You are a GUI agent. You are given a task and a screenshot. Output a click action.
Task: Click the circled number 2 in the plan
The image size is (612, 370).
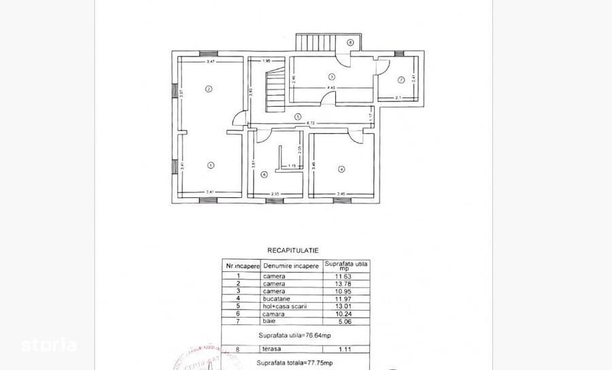(209, 88)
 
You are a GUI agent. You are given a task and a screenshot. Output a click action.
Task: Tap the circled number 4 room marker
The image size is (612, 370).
(341, 169)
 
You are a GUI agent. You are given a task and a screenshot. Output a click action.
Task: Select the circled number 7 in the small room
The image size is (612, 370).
(401, 80)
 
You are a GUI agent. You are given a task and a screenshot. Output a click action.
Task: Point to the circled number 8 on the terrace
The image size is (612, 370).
(350, 42)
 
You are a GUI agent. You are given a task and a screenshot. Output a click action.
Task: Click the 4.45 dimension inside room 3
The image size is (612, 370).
(330, 88)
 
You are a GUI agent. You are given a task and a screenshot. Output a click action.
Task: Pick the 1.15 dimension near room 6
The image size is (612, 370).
(292, 167)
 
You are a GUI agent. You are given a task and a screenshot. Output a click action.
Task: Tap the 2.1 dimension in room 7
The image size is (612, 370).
(398, 99)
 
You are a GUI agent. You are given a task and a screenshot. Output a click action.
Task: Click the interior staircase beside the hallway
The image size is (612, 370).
(273, 86)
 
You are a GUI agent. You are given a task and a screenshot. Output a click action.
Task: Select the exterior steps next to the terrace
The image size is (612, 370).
(314, 42)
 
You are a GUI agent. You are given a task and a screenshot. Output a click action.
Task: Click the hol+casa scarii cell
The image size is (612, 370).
(284, 306)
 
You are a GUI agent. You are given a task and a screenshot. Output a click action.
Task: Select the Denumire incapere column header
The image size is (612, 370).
(291, 266)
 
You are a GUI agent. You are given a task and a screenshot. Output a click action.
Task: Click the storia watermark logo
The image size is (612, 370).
(48, 344)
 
